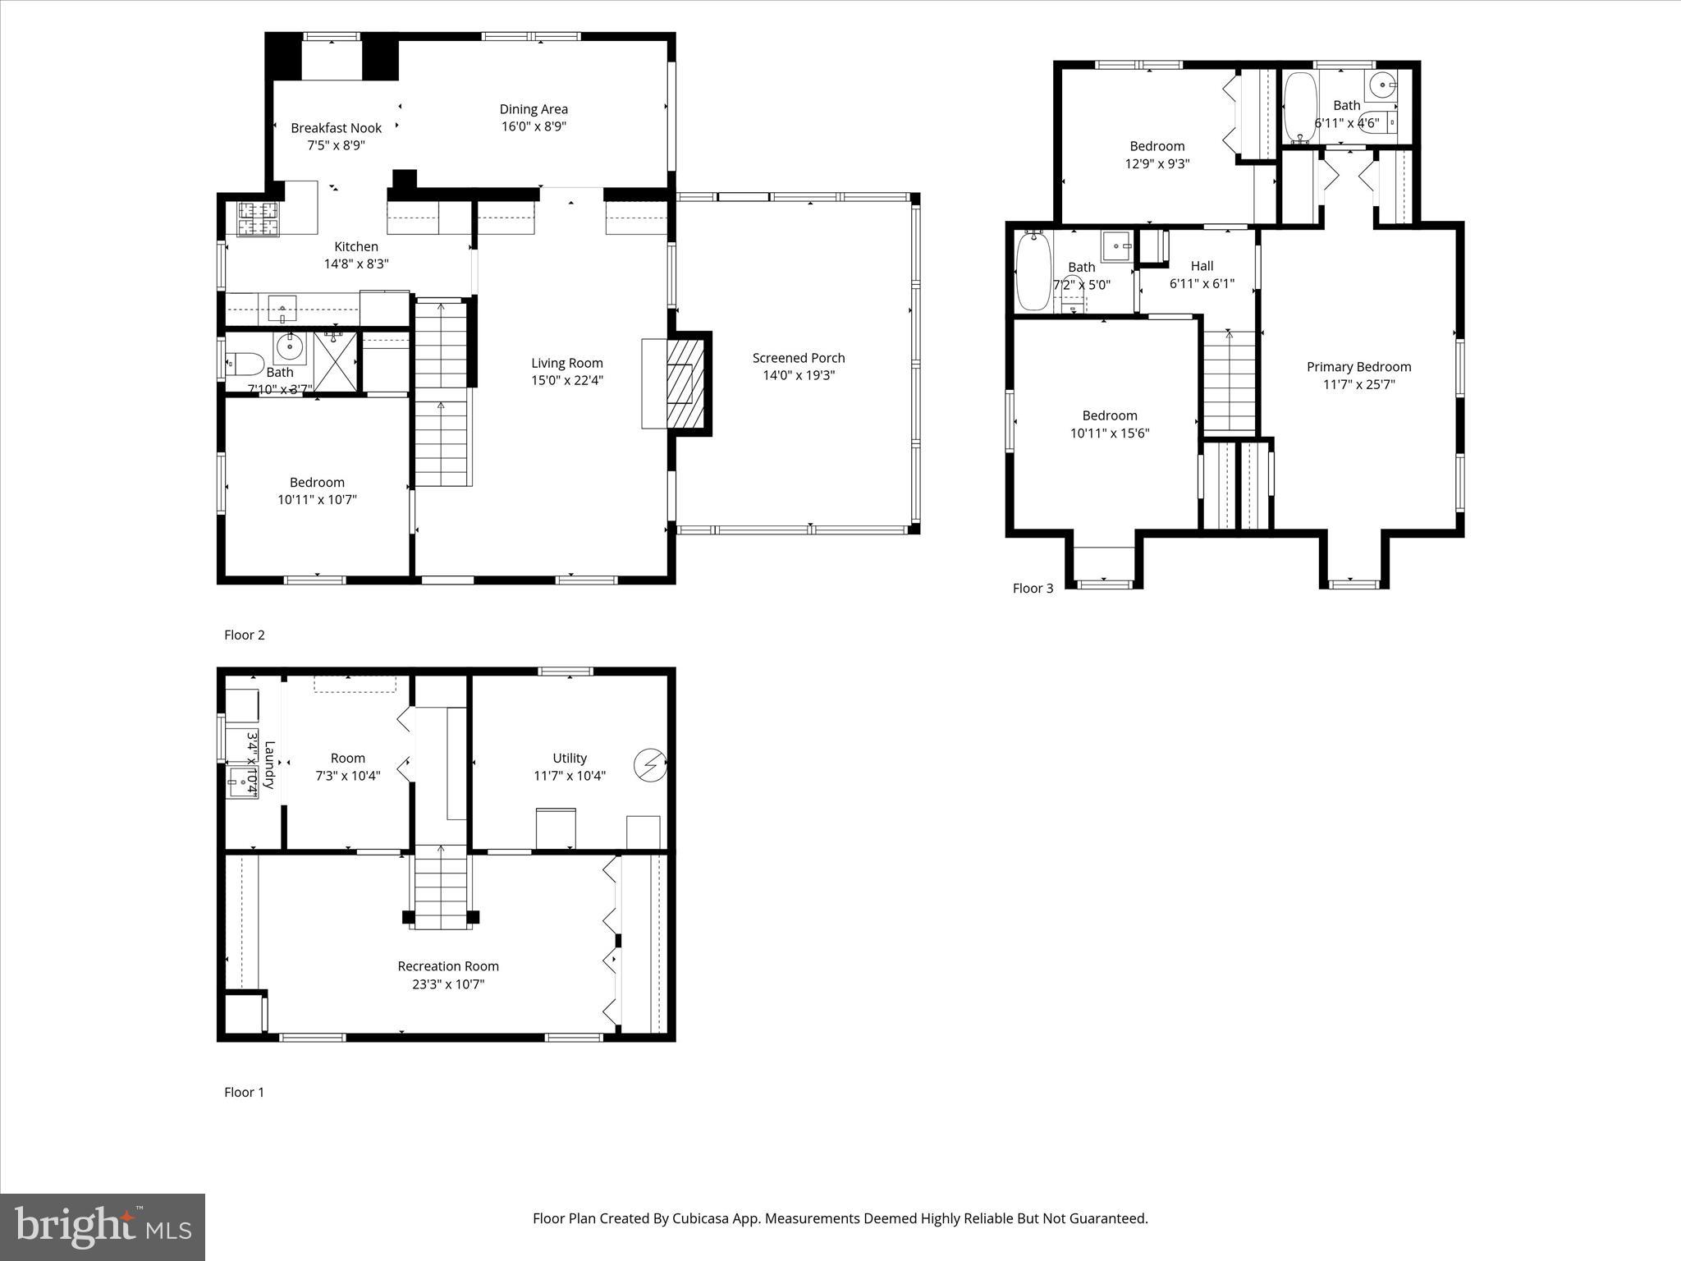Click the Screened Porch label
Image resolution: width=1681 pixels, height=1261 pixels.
click(798, 358)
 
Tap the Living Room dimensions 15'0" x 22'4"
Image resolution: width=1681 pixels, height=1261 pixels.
click(566, 380)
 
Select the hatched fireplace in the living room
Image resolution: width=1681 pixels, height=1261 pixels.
click(680, 383)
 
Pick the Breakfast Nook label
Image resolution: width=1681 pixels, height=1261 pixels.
click(336, 128)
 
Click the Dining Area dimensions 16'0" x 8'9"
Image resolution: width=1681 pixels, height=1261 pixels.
click(534, 126)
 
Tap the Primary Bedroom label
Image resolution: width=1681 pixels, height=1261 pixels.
click(1358, 367)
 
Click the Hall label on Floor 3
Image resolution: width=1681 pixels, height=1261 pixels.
click(1202, 266)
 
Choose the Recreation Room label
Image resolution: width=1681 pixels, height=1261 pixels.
click(448, 966)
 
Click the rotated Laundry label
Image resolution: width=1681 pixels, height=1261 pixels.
click(269, 764)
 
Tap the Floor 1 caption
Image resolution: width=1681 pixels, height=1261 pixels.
click(245, 1092)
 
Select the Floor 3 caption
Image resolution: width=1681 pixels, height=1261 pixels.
click(1033, 588)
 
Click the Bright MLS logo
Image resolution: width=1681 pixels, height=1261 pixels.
click(103, 1227)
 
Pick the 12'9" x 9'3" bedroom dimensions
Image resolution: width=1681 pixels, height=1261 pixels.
click(1157, 163)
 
